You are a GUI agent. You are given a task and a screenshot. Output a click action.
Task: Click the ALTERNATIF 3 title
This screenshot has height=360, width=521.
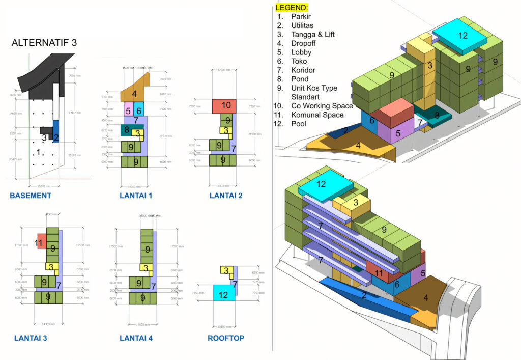[x=44, y=43]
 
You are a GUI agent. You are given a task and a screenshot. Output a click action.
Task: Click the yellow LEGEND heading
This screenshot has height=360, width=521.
[x=292, y=8]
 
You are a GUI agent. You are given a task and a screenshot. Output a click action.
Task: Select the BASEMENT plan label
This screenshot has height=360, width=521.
[x=31, y=196]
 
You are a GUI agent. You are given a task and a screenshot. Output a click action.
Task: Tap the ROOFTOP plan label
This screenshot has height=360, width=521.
[x=226, y=338]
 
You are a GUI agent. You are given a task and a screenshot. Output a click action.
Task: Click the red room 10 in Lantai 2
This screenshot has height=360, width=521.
[x=224, y=106]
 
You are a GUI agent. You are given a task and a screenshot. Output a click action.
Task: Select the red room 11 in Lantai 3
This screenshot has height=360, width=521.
[x=41, y=242]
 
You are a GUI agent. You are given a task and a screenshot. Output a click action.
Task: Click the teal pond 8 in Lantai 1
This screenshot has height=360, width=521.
[x=127, y=130]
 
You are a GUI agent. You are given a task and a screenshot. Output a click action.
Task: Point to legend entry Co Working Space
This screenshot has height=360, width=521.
[x=322, y=106]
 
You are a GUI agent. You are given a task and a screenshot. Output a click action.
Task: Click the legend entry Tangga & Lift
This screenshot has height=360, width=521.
[x=313, y=35]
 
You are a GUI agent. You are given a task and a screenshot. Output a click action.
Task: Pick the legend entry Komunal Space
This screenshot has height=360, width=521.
[x=317, y=115]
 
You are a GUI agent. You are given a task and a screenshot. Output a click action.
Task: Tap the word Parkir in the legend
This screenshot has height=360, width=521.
[x=301, y=17]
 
